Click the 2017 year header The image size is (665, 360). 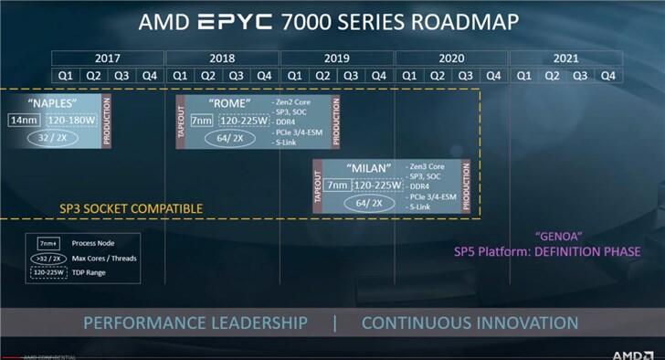coord(109,57)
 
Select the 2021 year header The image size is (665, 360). coord(565,57)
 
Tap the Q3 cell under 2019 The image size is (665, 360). coord(351,75)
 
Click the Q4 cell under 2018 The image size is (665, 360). coord(264,75)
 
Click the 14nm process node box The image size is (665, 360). coord(23,121)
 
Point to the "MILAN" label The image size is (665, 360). coord(370,167)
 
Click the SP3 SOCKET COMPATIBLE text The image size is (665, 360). coord(131,208)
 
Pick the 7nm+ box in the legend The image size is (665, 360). coord(45,244)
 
